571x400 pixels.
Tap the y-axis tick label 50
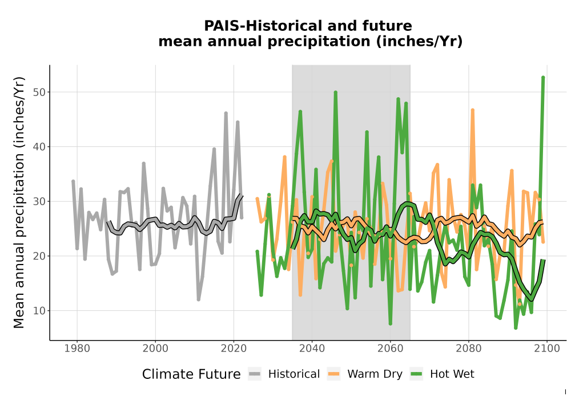pos(39,92)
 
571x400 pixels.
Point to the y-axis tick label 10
pos(39,311)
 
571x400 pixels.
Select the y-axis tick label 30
pos(39,202)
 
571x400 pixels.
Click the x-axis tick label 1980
pos(77,348)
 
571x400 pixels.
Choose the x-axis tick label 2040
pos(312,348)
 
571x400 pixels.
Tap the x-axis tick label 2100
pos(546,348)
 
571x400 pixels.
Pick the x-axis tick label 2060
pos(390,348)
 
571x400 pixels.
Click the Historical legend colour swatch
pos(255,374)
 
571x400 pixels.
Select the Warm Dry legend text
pos(375,374)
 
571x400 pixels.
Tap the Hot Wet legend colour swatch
pos(416,374)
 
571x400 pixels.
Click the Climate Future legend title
pos(191,374)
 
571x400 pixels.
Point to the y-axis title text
pos(19,202)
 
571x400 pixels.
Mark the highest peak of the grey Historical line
pos(226,113)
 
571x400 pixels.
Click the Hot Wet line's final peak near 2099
pos(543,77)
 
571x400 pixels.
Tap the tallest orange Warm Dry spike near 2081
pos(472,110)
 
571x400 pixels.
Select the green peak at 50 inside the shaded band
pos(335,92)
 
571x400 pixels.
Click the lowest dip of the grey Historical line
pos(199,299)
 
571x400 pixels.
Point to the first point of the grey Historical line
pos(73,181)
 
